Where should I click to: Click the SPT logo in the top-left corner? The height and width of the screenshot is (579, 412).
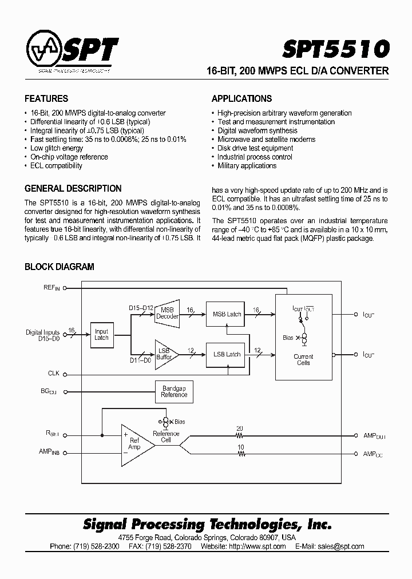click(72, 52)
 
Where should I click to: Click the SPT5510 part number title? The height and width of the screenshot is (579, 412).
click(335, 48)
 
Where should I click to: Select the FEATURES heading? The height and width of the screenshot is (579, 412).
click(46, 98)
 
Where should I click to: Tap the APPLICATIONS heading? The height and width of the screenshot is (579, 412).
click(241, 98)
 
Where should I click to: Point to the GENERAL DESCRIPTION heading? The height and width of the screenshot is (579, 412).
click(73, 188)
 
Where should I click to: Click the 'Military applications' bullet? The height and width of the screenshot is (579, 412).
click(247, 166)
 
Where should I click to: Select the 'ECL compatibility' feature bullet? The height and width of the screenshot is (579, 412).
click(56, 166)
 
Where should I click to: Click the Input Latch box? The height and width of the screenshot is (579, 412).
click(101, 335)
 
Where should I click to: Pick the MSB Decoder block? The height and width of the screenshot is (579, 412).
click(167, 312)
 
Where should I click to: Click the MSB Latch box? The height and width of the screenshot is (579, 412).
click(227, 314)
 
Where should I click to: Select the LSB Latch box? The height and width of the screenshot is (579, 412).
click(227, 354)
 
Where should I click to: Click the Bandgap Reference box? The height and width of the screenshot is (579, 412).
click(174, 392)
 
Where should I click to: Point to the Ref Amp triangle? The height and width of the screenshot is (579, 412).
click(136, 444)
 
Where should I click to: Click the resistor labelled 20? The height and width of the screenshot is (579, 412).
click(240, 435)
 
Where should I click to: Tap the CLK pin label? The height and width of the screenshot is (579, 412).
click(54, 374)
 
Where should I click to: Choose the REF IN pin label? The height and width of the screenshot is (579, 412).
click(51, 288)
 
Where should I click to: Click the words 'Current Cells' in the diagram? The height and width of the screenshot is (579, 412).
click(303, 360)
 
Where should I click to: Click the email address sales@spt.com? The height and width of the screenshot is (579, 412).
click(341, 546)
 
